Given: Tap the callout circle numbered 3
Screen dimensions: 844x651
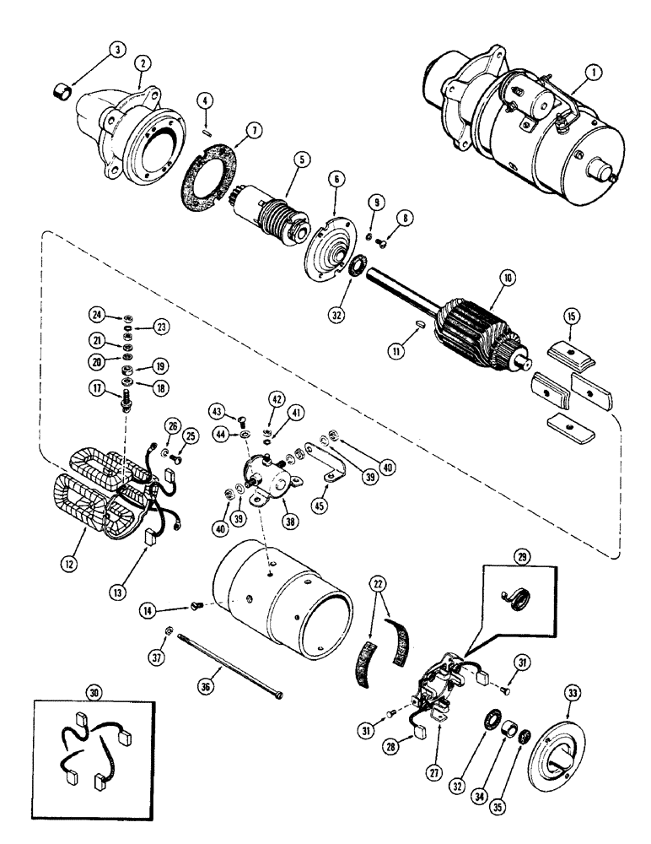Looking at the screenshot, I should [119, 51].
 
